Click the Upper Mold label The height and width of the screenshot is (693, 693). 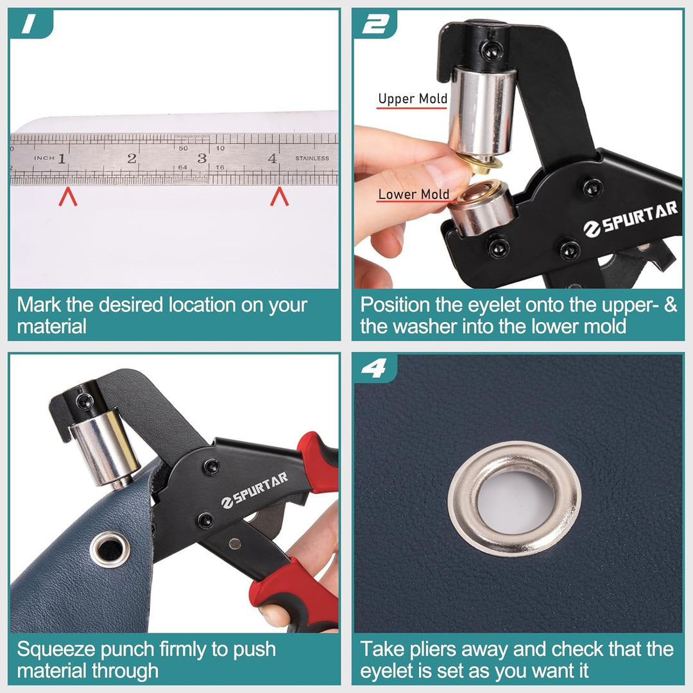coord(413,99)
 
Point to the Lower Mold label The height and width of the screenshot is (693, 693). coord(413,194)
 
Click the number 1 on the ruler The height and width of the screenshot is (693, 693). coord(62,158)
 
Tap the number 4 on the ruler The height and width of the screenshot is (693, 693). coord(272,158)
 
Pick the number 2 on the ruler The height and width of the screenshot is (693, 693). coord(132,158)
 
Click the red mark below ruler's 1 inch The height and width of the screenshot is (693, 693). coord(68,197)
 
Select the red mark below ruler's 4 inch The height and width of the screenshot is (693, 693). coord(279,197)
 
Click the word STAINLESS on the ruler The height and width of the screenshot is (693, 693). coord(312,158)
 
